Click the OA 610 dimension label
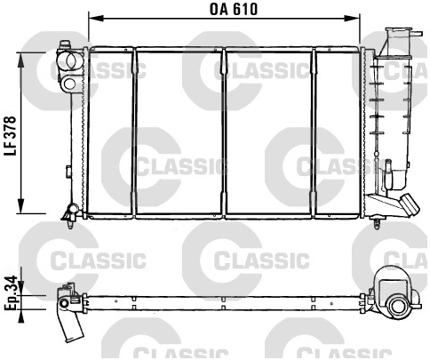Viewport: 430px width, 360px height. (x=234, y=9)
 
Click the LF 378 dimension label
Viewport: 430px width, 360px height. (x=10, y=136)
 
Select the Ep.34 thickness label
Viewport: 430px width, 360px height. (x=11, y=293)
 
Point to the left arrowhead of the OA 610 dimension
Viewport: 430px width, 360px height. (x=96, y=19)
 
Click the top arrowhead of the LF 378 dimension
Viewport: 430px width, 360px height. (x=21, y=60)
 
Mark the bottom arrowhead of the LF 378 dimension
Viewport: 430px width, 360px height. (x=21, y=205)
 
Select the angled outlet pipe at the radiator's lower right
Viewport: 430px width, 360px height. (x=410, y=204)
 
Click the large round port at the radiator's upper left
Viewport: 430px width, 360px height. (x=72, y=60)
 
